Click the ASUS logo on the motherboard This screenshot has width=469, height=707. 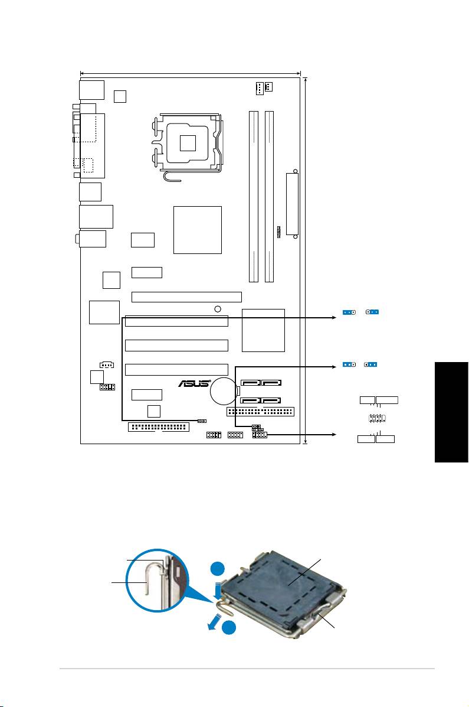(x=195, y=383)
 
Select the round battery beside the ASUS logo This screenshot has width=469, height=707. (x=224, y=390)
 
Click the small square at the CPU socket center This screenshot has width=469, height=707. (x=188, y=143)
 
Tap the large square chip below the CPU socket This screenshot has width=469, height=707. (x=197, y=230)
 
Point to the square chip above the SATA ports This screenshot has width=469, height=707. (x=263, y=330)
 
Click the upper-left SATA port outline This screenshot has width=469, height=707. (x=251, y=382)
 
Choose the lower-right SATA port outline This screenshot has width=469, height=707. (x=271, y=400)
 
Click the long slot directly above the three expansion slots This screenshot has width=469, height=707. (x=186, y=297)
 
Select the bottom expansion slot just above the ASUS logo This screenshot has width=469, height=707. (x=176, y=369)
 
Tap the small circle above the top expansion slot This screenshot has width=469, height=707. (x=218, y=309)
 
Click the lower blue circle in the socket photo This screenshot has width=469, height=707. (x=229, y=628)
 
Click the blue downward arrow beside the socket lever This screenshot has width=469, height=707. (x=219, y=592)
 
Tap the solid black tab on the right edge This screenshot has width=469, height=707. (x=451, y=412)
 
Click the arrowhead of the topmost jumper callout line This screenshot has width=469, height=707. (x=334, y=317)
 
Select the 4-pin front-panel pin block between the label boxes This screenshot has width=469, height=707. (x=376, y=419)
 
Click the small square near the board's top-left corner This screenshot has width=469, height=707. (x=120, y=96)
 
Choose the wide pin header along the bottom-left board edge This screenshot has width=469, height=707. (x=159, y=426)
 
